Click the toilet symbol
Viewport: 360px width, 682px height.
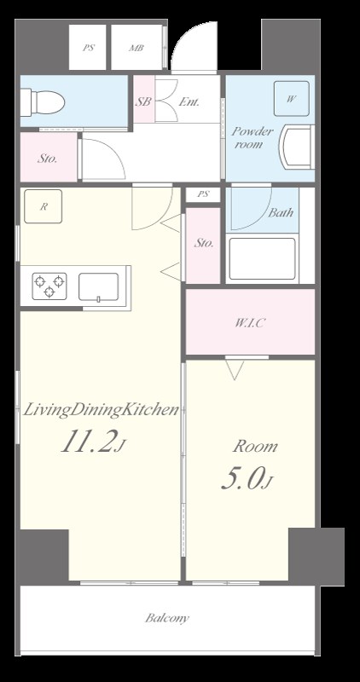[44, 102]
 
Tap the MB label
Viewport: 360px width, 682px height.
[136, 49]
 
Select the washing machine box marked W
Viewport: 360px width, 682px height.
[291, 99]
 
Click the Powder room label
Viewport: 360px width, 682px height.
[252, 137]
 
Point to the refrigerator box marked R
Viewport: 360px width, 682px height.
[44, 206]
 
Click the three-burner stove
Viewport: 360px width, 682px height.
[49, 286]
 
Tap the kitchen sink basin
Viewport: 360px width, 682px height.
[98, 287]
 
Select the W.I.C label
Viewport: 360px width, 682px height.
[250, 323]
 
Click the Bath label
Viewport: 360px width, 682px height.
[281, 212]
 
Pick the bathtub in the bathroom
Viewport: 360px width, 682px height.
[262, 259]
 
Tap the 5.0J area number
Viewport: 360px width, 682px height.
[247, 480]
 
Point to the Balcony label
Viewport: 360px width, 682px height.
[167, 618]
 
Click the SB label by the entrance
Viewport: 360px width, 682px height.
[143, 101]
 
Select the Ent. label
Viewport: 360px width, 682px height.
[189, 102]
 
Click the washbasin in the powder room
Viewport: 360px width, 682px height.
[297, 147]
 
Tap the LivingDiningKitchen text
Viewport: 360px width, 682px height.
[101, 410]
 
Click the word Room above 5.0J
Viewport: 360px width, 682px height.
[255, 446]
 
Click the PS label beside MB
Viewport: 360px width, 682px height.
[89, 49]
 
